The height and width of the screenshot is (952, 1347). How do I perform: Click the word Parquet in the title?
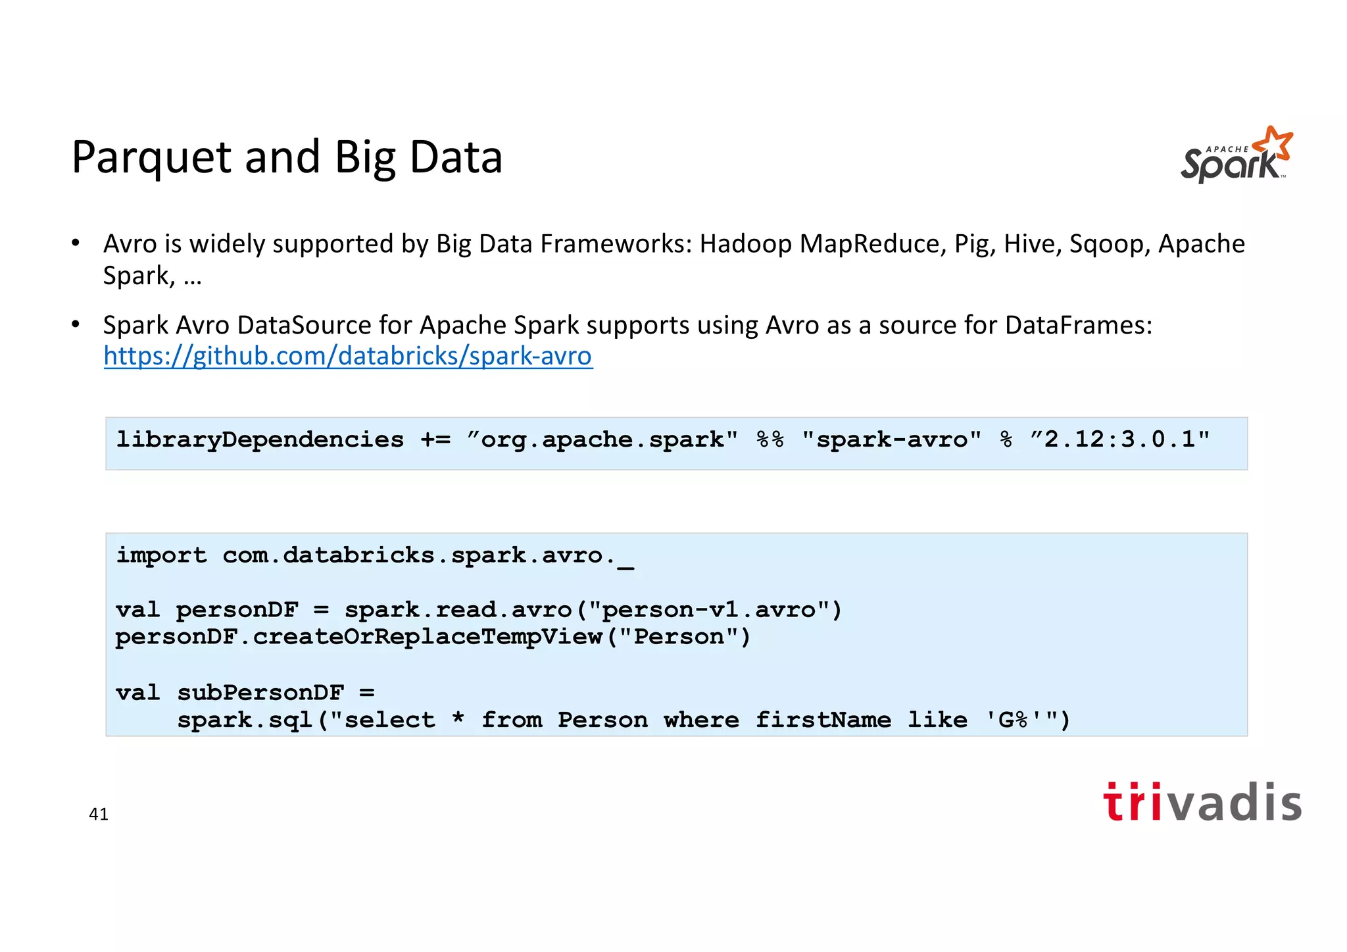pyautogui.click(x=151, y=158)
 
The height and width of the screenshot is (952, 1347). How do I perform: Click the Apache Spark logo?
pyautogui.click(x=1236, y=155)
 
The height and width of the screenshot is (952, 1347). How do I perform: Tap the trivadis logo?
pyautogui.click(x=1202, y=802)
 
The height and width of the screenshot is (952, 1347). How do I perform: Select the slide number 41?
pyautogui.click(x=99, y=814)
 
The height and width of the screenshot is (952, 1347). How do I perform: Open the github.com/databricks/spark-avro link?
pyautogui.click(x=348, y=356)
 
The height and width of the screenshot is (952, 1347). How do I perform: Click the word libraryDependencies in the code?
pyautogui.click(x=260, y=439)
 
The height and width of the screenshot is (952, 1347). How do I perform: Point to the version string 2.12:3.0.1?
pyautogui.click(x=1125, y=439)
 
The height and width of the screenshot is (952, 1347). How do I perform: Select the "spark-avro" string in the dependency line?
pyautogui.click(x=891, y=439)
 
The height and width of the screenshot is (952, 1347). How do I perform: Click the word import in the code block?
pyautogui.click(x=161, y=555)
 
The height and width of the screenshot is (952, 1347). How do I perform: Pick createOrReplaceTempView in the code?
pyautogui.click(x=428, y=637)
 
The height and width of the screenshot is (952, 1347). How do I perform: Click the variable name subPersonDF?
pyautogui.click(x=260, y=692)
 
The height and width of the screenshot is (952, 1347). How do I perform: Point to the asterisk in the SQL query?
pyautogui.click(x=458, y=718)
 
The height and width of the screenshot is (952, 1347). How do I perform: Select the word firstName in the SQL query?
pyautogui.click(x=823, y=720)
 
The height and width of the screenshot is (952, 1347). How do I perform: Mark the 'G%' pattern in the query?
pyautogui.click(x=1013, y=719)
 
